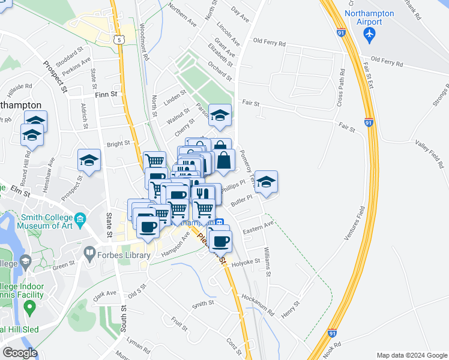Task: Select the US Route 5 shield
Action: pos(119,40)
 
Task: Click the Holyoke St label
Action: pos(249,262)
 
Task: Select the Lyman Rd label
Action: pos(139,345)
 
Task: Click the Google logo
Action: pos(19,353)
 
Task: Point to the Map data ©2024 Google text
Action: pos(411,355)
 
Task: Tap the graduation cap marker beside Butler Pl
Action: pos(267,183)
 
